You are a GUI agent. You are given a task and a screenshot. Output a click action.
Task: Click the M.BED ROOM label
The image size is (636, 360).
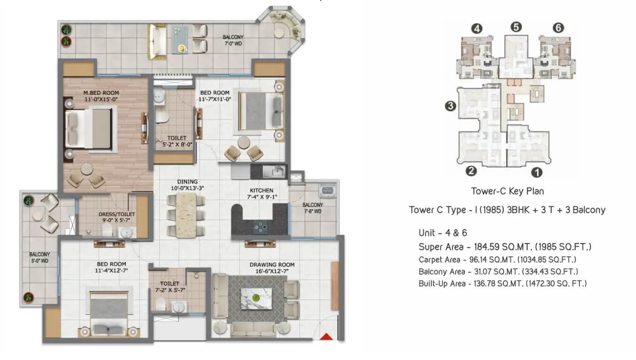(101, 93)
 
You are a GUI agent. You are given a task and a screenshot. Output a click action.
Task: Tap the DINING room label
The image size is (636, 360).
(187, 182)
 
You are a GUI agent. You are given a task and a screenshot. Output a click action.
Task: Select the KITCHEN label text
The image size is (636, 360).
(262, 191)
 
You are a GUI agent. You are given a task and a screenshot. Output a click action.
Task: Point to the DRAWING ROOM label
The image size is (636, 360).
(272, 265)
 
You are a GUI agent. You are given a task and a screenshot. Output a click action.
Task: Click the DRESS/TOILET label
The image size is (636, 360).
(116, 214)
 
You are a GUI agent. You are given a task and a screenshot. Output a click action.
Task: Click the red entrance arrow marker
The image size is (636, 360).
(326, 337)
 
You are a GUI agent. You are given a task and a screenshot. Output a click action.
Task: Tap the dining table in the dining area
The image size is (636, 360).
(186, 215)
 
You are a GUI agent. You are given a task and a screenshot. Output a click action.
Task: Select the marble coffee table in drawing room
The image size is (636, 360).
(256, 299)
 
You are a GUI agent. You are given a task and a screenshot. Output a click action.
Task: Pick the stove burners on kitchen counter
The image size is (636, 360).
(262, 227)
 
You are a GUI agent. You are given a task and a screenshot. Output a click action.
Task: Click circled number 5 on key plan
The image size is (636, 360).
(516, 27)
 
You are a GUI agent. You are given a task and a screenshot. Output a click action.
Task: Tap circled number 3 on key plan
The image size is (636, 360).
(450, 106)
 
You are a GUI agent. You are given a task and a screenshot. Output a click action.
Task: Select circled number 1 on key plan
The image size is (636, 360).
(536, 172)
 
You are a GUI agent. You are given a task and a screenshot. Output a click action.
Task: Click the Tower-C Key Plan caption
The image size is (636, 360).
(508, 191)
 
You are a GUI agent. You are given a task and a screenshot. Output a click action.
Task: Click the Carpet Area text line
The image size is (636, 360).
(497, 260)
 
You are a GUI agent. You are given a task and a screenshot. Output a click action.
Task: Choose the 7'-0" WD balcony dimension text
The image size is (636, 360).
(233, 44)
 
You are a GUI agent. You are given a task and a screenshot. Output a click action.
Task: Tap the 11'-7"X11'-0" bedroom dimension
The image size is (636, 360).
(215, 100)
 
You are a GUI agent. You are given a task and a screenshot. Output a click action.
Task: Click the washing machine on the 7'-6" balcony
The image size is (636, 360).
(328, 191)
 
